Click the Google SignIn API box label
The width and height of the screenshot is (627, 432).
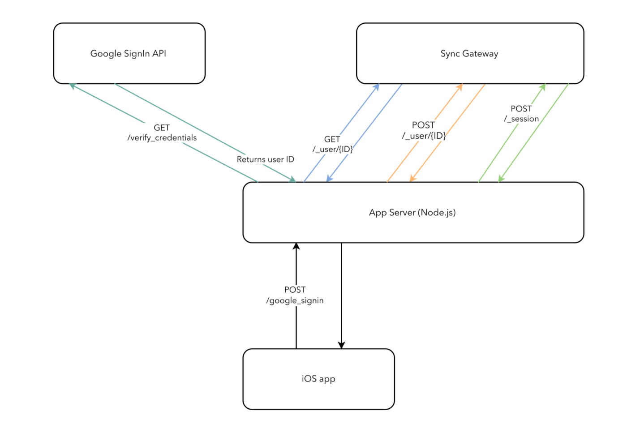pyautogui.click(x=128, y=54)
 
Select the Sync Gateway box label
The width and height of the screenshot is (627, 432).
pyautogui.click(x=469, y=54)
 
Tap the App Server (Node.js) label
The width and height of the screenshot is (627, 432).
pyautogui.click(x=412, y=213)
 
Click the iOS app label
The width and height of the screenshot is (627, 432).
pyautogui.click(x=318, y=379)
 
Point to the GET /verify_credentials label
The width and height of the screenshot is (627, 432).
pyautogui.click(x=162, y=133)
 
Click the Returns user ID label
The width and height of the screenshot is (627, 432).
pyautogui.click(x=265, y=159)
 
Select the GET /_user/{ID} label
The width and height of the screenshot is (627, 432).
pyautogui.click(x=332, y=144)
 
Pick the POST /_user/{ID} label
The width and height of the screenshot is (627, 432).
pyautogui.click(x=424, y=130)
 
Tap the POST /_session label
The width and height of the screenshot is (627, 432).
pyautogui.click(x=521, y=114)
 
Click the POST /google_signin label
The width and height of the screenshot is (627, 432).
pyautogui.click(x=295, y=295)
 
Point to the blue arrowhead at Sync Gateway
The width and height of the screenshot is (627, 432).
pyautogui.click(x=377, y=87)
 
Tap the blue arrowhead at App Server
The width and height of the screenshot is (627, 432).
pyautogui.click(x=329, y=179)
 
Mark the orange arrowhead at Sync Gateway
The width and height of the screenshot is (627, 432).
pyautogui.click(x=460, y=87)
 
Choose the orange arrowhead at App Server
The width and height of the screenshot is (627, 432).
pyautogui.click(x=412, y=179)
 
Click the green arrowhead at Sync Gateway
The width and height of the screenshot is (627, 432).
pyautogui.click(x=543, y=87)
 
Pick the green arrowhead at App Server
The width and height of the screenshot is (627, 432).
pyautogui.click(x=501, y=179)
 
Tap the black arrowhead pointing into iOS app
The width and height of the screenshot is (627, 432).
pyautogui.click(x=341, y=345)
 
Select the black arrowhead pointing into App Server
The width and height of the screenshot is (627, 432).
pyautogui.click(x=296, y=247)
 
